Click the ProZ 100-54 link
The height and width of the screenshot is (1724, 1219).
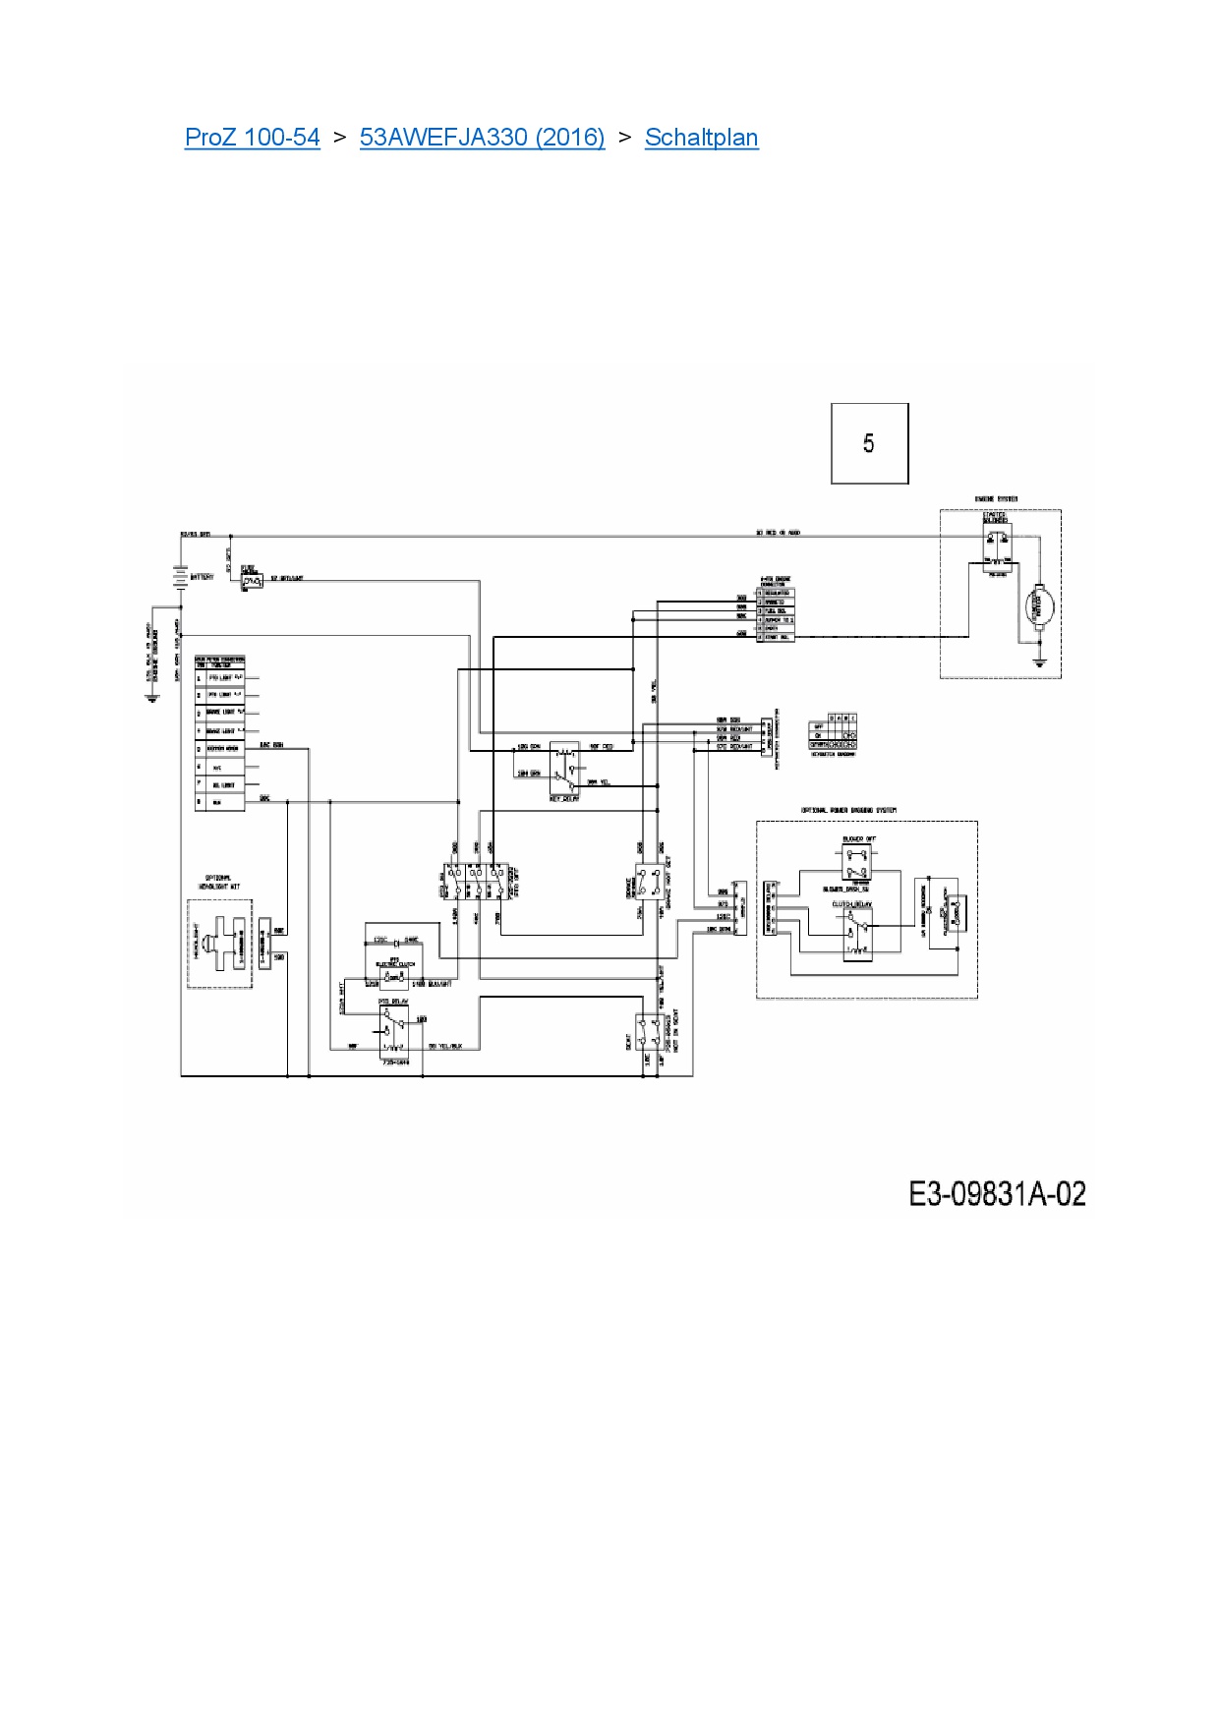(x=252, y=138)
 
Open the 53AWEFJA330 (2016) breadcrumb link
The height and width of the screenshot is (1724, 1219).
(x=482, y=138)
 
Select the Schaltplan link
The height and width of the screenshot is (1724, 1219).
(x=701, y=138)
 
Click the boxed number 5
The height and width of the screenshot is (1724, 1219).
(x=869, y=443)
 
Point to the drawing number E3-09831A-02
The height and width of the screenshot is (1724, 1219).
(x=997, y=1194)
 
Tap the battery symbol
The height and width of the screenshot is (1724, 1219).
(x=180, y=577)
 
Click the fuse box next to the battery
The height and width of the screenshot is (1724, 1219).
(x=252, y=582)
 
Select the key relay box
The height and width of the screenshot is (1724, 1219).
(x=564, y=767)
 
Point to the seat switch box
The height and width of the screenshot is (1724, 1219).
(x=649, y=1034)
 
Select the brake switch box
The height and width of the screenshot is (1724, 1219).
(x=647, y=881)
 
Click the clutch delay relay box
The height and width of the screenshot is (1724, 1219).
(x=856, y=935)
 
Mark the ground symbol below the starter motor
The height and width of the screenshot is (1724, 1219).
(x=1039, y=663)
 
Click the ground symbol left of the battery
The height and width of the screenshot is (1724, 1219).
(x=151, y=697)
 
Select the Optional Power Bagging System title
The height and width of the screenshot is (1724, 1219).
(x=848, y=811)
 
